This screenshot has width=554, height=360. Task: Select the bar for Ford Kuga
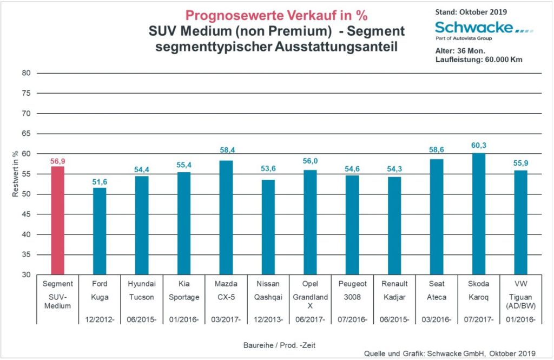(x=100, y=231)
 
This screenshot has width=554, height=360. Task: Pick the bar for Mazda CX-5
(x=226, y=218)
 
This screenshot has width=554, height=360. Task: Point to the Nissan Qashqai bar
(x=268, y=227)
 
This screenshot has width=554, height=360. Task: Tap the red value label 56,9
(x=57, y=161)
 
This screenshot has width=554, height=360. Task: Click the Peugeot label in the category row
(x=353, y=284)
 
